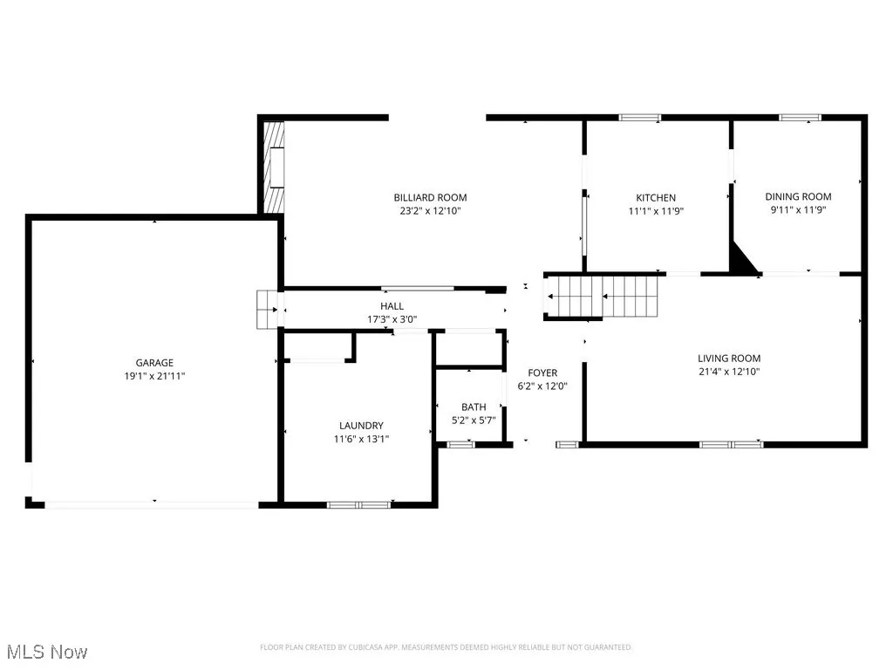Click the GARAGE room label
(x=154, y=363)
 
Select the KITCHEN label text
(x=656, y=198)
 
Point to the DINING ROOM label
(x=798, y=197)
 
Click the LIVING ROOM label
(x=729, y=359)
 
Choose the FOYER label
(x=542, y=373)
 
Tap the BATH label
(x=474, y=407)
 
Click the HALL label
(x=392, y=306)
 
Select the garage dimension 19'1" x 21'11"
(x=154, y=376)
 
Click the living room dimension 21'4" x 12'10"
(x=729, y=372)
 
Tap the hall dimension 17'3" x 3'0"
(x=392, y=319)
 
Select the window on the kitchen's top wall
(x=640, y=117)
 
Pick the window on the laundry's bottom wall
(x=359, y=504)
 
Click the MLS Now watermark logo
(x=50, y=652)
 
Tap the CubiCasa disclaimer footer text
(x=446, y=647)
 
